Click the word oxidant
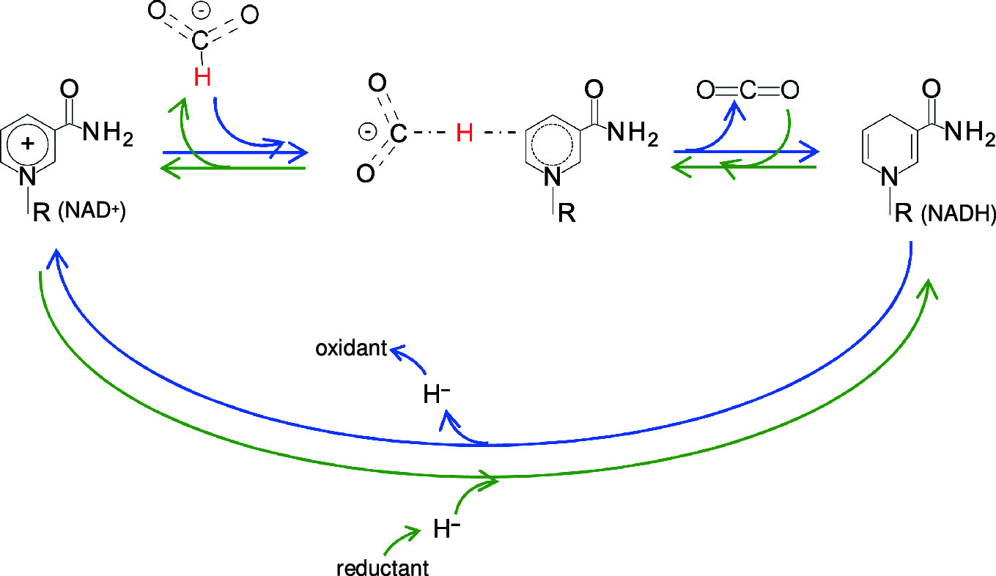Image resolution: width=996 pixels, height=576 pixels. click(x=351, y=349)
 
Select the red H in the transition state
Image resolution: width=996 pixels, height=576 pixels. click(x=465, y=133)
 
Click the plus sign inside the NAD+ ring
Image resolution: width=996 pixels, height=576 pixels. click(x=28, y=144)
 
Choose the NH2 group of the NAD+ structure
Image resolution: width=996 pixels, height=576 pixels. click(x=108, y=133)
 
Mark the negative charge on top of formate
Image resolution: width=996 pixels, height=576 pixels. click(x=199, y=14)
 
